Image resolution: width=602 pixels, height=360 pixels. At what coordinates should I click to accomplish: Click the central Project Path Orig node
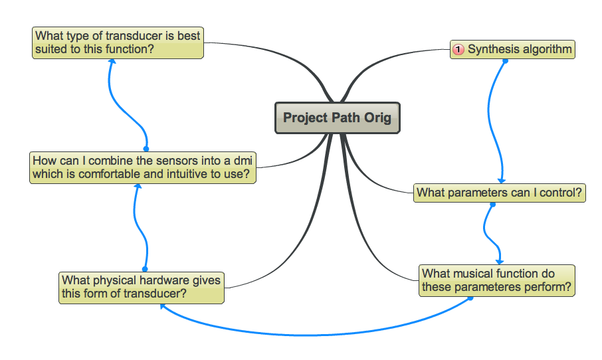tap(337, 118)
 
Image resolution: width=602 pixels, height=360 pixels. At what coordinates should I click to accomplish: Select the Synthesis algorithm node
tap(512, 50)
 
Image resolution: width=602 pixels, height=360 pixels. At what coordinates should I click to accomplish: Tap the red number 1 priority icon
tap(458, 50)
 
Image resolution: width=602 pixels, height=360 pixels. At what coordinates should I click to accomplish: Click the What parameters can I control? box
tap(500, 193)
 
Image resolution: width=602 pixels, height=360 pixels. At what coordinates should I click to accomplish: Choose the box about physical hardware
tap(141, 287)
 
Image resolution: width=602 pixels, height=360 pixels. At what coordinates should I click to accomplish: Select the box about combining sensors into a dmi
tap(143, 167)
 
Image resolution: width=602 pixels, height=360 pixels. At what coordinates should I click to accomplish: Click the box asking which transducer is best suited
tap(118, 43)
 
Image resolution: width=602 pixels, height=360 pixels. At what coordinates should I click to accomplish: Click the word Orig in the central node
tap(377, 118)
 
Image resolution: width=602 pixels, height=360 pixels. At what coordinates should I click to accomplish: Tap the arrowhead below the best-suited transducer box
tap(112, 62)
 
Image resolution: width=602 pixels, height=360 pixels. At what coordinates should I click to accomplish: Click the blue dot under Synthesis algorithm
tap(505, 61)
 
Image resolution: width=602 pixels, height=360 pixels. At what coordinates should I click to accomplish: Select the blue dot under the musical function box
tap(470, 298)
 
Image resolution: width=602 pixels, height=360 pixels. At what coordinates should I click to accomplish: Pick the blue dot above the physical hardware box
tap(144, 269)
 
